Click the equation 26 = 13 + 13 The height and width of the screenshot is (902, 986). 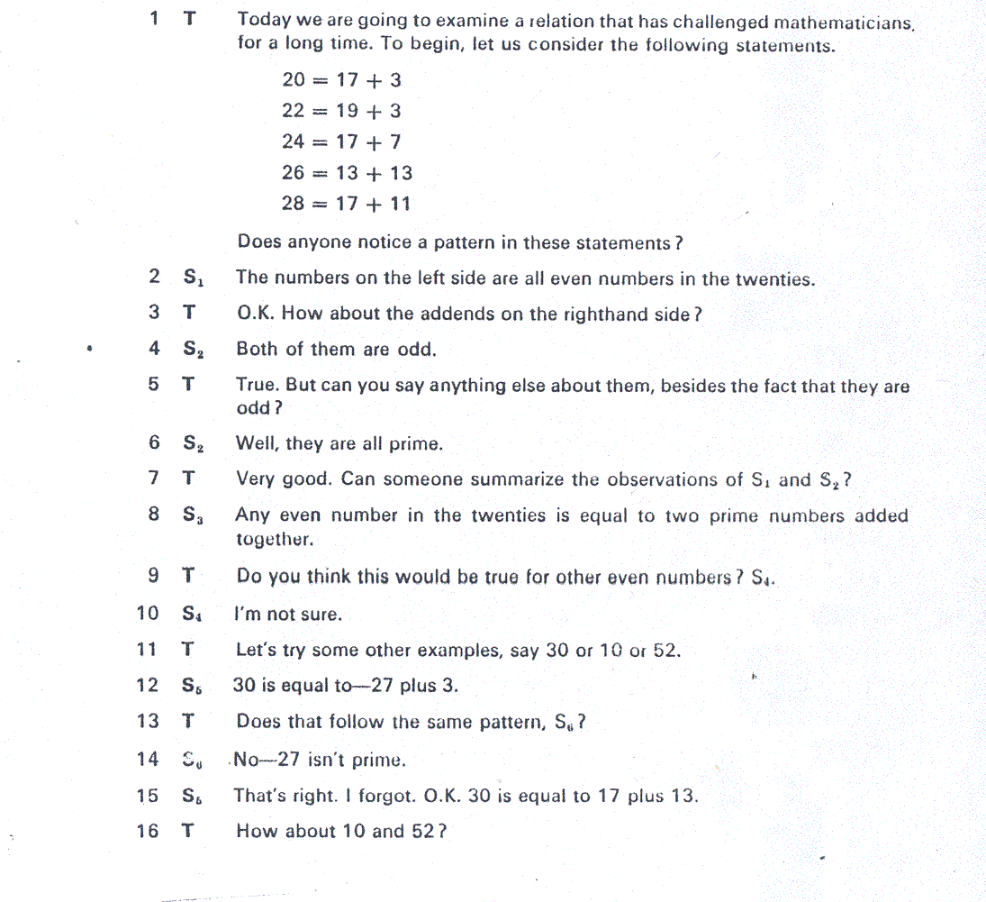tap(347, 172)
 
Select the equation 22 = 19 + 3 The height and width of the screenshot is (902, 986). tap(341, 111)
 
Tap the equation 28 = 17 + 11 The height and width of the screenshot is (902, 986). tap(346, 204)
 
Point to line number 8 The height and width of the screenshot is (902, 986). tap(154, 515)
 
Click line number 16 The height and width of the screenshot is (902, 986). tap(147, 831)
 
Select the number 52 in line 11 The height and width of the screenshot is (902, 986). tap(665, 650)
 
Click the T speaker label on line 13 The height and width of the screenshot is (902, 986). tap(188, 721)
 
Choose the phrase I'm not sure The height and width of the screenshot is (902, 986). tap(288, 615)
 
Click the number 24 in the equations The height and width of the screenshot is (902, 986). tap(294, 141)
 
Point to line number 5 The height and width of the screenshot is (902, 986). tap(154, 385)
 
